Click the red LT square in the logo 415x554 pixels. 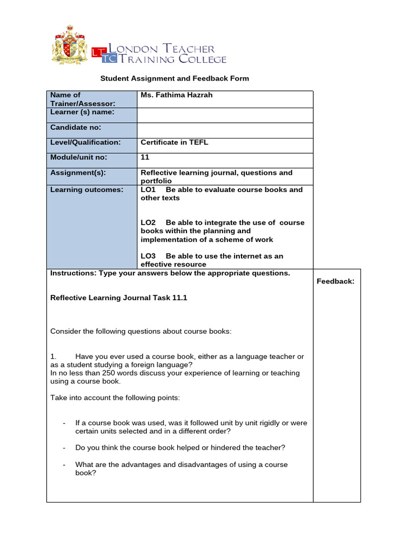(98, 52)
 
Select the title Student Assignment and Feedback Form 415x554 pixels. (175, 78)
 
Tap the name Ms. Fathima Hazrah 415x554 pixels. (176, 95)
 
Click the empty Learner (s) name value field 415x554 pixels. (225, 115)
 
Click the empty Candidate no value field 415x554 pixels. (225, 130)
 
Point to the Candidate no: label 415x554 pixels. (76, 128)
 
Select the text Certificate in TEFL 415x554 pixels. (174, 143)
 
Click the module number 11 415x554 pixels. (145, 157)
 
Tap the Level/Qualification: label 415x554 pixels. (85, 143)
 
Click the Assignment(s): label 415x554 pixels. (78, 173)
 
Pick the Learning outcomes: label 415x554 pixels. (86, 190)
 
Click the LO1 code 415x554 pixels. (148, 190)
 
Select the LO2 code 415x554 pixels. (148, 223)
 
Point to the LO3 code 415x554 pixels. (148, 256)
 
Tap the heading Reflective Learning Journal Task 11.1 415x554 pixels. (118, 298)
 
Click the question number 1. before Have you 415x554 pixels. (53, 357)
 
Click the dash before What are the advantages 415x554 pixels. (64, 465)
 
